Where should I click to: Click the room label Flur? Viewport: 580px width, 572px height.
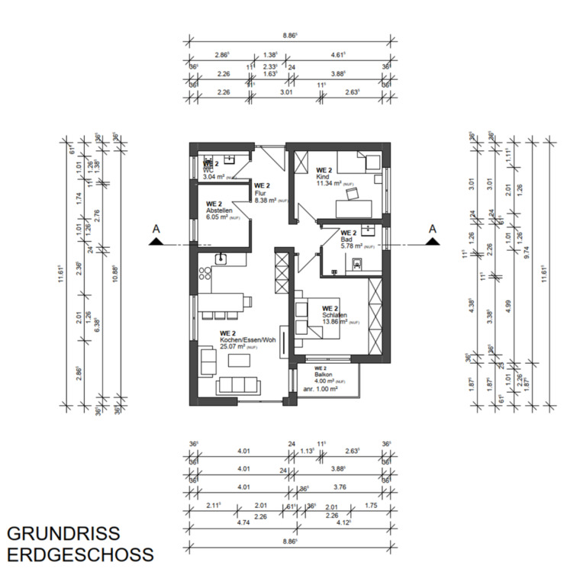(261, 194)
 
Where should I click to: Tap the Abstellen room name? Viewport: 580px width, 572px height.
(219, 212)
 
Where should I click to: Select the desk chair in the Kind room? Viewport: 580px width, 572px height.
(351, 194)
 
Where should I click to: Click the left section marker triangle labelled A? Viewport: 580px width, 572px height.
(157, 241)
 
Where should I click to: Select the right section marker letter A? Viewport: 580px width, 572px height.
(432, 228)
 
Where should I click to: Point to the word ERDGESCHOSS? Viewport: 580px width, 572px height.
(79, 554)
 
